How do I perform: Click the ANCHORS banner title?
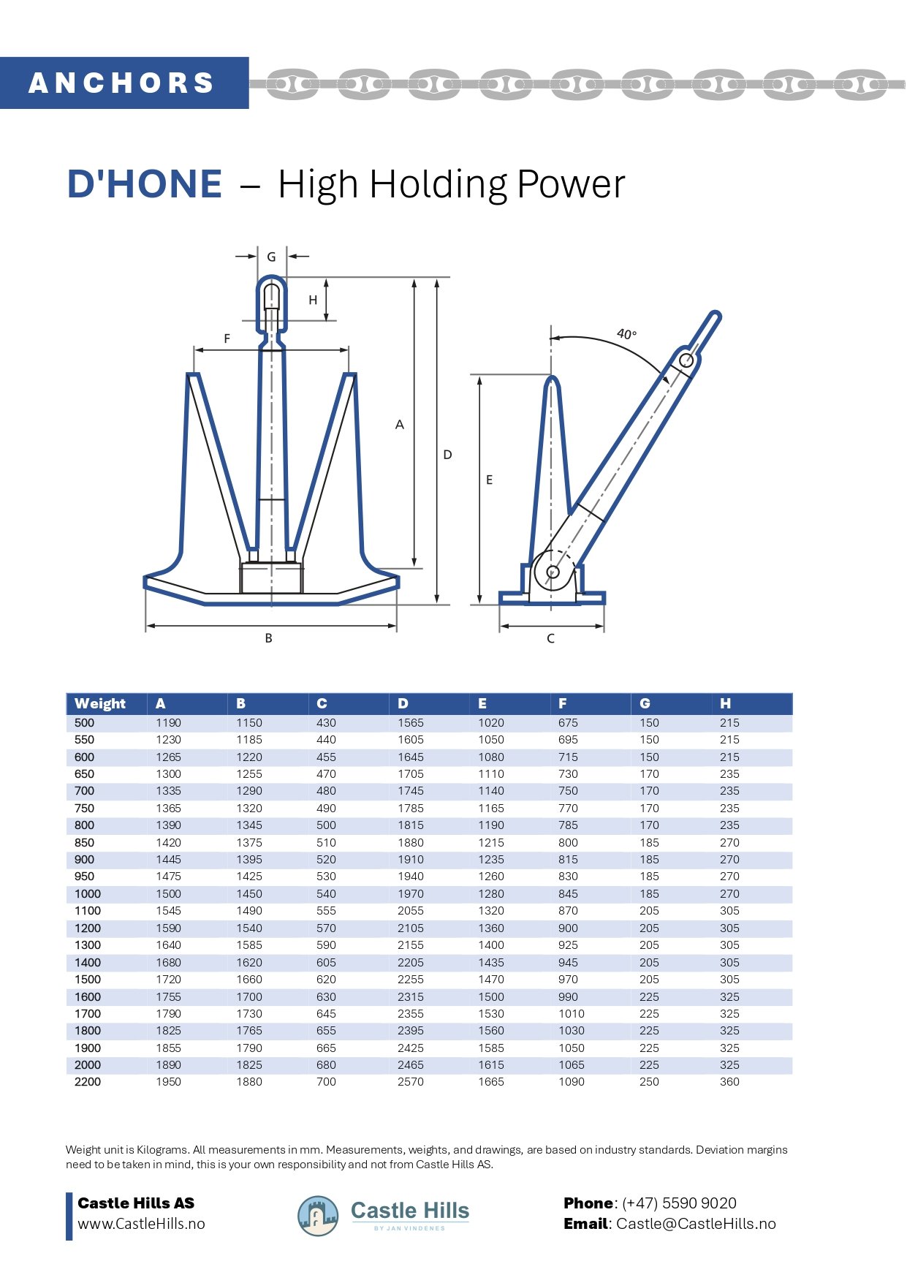[121, 83]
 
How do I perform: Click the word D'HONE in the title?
[145, 183]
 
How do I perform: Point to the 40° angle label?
[626, 334]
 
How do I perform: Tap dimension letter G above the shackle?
[271, 257]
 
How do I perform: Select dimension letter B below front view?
[268, 638]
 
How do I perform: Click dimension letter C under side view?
[550, 638]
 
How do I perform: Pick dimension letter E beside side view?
[489, 480]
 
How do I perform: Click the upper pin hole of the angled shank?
[686, 360]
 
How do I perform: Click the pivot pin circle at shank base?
[553, 572]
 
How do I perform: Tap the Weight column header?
[100, 703]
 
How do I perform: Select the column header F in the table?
[562, 703]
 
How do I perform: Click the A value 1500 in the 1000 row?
[168, 893]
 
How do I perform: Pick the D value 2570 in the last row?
[410, 1081]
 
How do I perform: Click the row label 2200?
[88, 1081]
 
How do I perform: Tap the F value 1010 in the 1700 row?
[571, 1013]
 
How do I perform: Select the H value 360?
[729, 1081]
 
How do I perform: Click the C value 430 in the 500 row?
[326, 722]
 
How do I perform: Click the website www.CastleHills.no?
[141, 1224]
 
